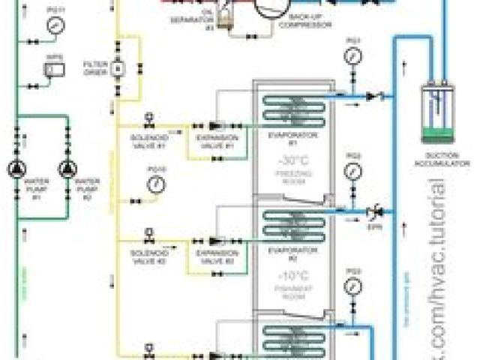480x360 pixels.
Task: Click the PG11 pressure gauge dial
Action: coord(53,25)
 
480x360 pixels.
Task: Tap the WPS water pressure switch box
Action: coord(52,69)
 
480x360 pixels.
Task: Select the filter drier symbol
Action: coord(117,68)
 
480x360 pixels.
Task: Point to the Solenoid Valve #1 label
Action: coord(148,142)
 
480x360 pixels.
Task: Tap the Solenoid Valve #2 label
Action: coord(148,258)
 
